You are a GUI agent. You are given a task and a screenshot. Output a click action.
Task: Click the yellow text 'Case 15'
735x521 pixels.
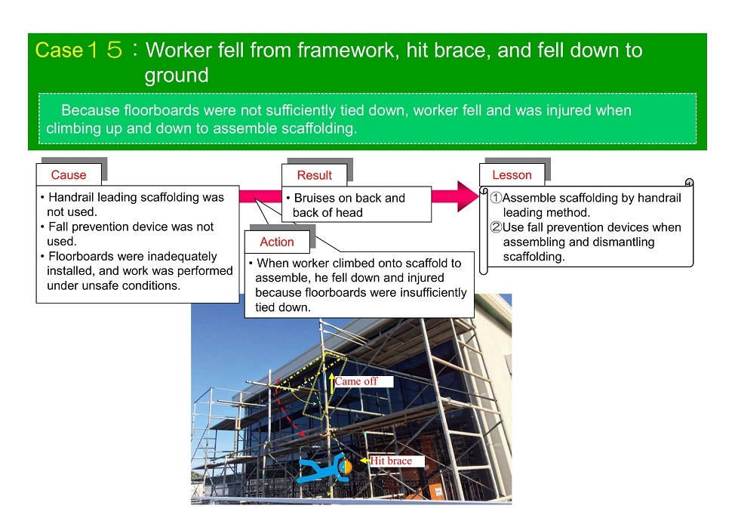78,50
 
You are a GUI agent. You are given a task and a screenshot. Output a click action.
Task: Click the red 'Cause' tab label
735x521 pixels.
69,175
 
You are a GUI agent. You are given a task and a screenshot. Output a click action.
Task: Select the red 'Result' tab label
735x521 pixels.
315,175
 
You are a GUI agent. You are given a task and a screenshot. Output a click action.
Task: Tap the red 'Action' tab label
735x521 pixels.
277,242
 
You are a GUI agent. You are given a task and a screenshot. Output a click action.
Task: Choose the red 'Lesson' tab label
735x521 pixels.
512,175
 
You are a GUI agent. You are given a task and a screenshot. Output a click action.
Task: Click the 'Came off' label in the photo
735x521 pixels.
355,381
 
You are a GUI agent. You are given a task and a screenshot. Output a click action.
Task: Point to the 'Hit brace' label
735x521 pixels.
391,461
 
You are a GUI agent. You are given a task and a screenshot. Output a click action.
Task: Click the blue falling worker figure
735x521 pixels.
324,468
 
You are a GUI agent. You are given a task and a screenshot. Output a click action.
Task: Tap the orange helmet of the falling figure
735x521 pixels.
346,467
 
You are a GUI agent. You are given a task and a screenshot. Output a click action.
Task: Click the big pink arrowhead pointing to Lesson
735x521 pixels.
467,196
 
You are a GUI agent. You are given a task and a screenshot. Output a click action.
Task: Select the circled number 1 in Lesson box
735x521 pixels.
496,198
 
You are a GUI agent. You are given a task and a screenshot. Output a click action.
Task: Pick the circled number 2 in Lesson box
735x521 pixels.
496,227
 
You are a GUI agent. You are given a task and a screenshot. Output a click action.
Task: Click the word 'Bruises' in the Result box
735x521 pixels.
315,199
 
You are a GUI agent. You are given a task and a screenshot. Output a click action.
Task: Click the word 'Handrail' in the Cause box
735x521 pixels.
71,197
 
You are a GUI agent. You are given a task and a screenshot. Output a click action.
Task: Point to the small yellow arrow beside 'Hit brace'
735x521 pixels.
364,461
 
